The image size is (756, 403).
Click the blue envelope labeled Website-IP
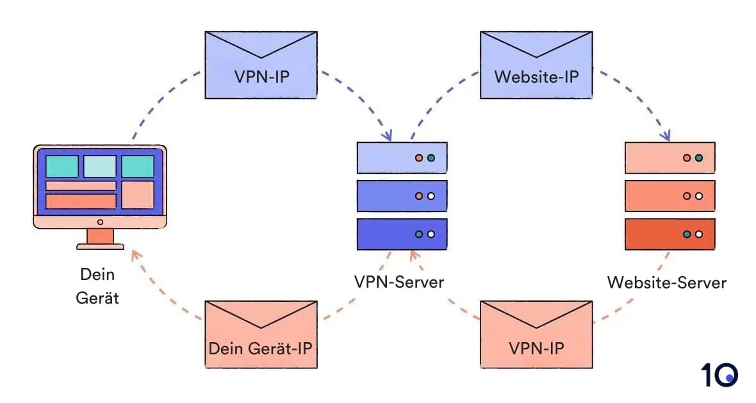coord(536,66)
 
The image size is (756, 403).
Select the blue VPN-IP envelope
coord(260,66)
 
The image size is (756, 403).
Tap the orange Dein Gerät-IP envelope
coord(261,335)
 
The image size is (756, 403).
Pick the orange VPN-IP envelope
coord(536,335)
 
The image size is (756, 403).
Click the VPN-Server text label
coord(399,282)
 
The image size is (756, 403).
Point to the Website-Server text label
coord(666,282)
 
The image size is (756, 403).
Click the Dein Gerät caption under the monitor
coord(97,286)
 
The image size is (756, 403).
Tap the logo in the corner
coord(719,375)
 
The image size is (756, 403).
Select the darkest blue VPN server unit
coord(402,234)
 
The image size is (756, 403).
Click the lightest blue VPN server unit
coord(402,158)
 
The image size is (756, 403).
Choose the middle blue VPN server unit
coord(402,196)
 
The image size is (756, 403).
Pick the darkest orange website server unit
coord(670,234)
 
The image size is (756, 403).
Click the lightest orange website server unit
coord(670,158)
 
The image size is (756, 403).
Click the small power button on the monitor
coord(100,222)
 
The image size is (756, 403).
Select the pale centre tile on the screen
coord(100,166)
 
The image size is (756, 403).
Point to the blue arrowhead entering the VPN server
coord(387,136)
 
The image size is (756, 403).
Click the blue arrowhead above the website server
coord(666,136)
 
